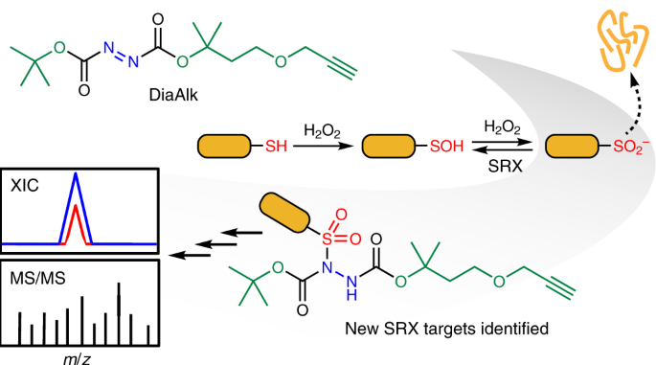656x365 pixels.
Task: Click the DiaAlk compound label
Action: [173, 96]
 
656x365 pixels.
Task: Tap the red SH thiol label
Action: [276, 147]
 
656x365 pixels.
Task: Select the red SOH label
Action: [447, 147]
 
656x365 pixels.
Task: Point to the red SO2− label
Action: [631, 147]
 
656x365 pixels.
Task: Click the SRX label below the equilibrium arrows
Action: [506, 167]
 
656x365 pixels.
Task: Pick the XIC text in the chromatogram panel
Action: [24, 185]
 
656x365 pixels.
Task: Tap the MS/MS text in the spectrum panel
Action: [37, 279]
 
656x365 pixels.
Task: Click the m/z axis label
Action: [77, 359]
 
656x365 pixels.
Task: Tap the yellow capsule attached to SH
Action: [224, 147]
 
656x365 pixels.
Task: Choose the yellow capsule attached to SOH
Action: [388, 147]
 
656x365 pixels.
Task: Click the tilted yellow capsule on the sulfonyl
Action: [285, 213]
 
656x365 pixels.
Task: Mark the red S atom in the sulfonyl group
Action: [328, 240]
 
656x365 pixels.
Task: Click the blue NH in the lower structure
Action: [351, 287]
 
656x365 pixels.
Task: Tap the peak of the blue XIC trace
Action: [76, 173]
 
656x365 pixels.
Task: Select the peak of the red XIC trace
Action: [76, 206]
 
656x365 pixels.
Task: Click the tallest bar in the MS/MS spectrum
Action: [119, 314]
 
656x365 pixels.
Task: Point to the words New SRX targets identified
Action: [447, 329]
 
